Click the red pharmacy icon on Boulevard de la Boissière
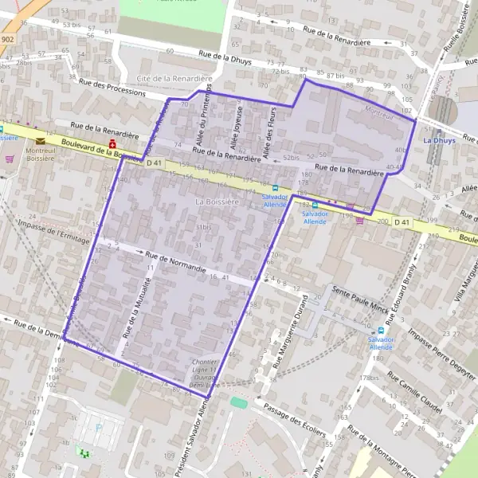click(x=113, y=143)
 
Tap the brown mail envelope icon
click(x=40, y=141)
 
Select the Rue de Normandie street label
click(x=176, y=257)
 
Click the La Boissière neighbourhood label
click(x=217, y=203)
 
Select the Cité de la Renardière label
click(x=174, y=79)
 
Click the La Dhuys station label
click(x=439, y=140)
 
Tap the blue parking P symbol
click(x=99, y=426)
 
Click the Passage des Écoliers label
click(x=294, y=420)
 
